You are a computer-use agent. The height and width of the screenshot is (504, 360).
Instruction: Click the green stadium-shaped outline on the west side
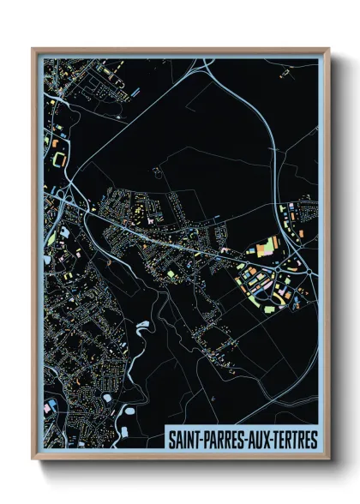click(59, 159)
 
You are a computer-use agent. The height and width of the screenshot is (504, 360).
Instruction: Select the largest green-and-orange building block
click(267, 249)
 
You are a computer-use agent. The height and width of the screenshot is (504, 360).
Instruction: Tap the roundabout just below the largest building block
click(273, 266)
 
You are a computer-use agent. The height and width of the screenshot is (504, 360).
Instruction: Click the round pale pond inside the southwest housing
click(108, 399)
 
